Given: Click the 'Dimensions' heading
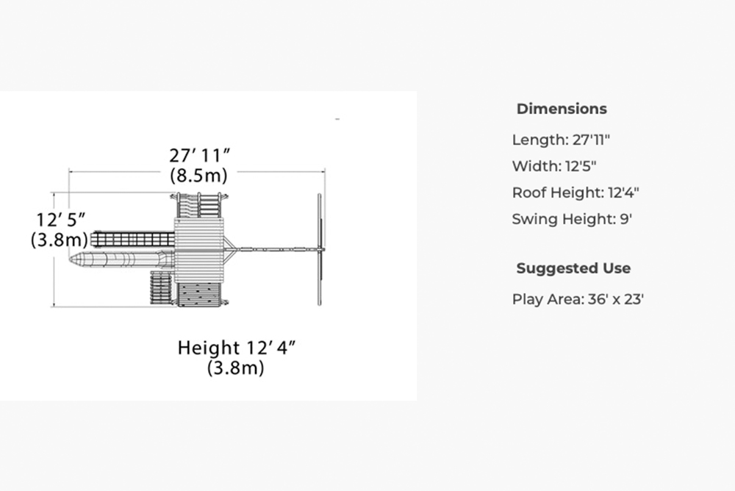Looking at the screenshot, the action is [x=562, y=109].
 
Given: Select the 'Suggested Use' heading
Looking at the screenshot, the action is [x=573, y=268].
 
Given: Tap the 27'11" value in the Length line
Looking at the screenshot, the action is [x=591, y=140].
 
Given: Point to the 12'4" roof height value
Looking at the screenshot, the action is [x=623, y=193].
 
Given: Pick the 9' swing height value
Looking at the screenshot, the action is [x=626, y=219].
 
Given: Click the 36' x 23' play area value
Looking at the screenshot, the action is [x=615, y=299].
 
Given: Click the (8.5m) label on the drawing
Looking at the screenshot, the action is [x=198, y=176].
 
